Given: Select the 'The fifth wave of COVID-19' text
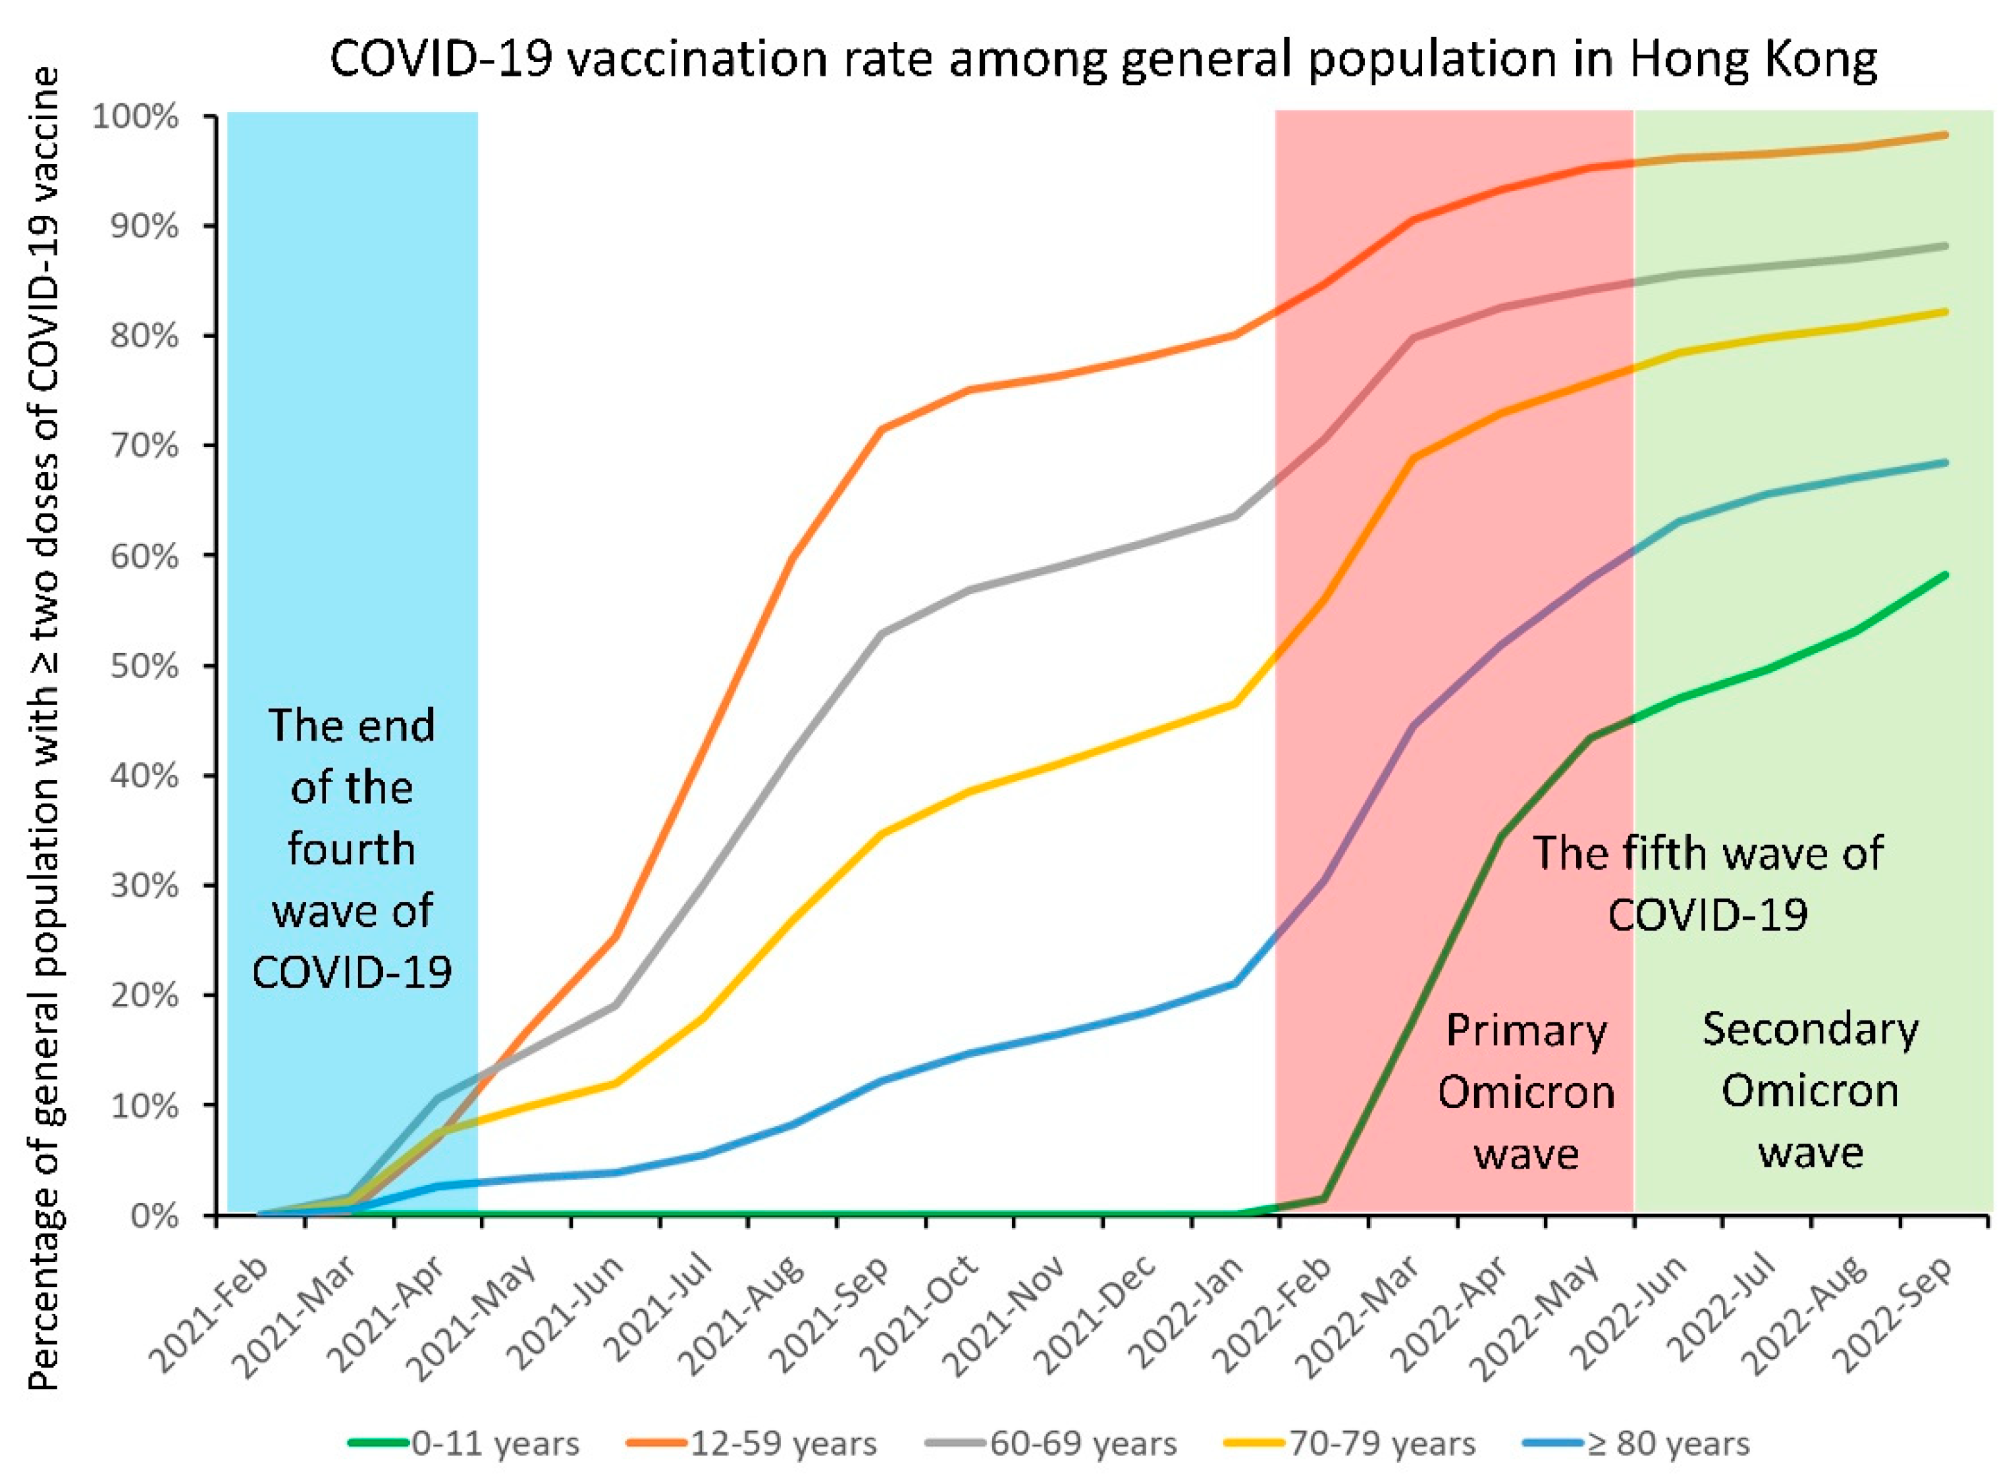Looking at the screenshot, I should (1708, 884).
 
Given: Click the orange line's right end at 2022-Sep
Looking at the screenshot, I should (1945, 135).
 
